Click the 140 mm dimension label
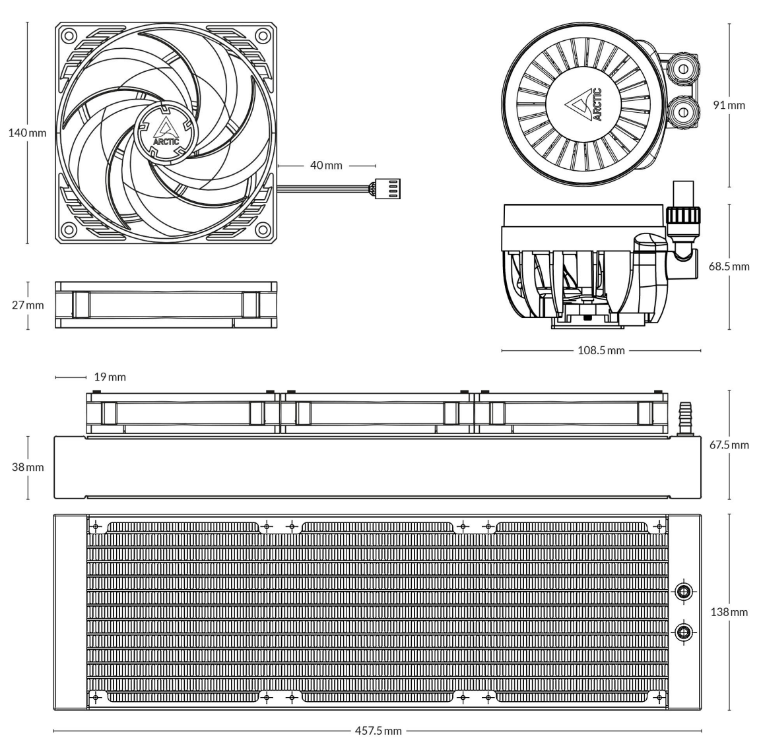tap(27, 133)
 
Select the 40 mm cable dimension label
tap(326, 166)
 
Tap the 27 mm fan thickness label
tap(28, 305)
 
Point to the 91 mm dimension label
tap(729, 105)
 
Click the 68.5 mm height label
tap(729, 266)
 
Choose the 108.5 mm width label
tap(601, 350)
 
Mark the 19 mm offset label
tap(110, 377)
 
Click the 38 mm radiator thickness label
tap(28, 467)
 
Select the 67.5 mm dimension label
tap(729, 445)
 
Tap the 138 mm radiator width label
tap(729, 612)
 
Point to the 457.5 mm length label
tap(378, 730)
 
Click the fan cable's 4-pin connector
tap(386, 189)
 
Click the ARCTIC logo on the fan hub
tap(166, 131)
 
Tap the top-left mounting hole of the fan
tap(69, 36)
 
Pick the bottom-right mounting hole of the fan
tap(263, 230)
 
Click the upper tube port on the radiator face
tap(684, 591)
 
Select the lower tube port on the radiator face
tap(684, 631)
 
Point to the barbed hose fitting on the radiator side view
tap(685, 417)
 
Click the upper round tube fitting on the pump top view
tap(683, 69)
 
